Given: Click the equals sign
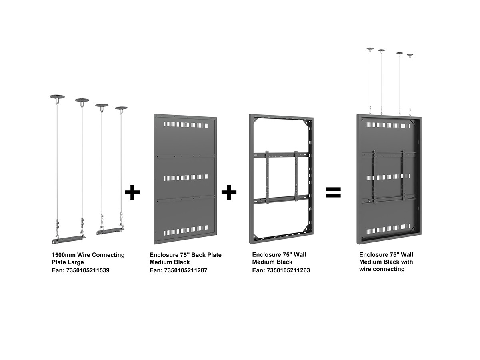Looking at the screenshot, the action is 333,192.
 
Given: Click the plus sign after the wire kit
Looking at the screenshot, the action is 132,192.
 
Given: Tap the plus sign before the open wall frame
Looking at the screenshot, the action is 229,192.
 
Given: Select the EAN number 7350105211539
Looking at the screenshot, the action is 88,270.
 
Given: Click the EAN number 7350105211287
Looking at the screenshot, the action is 186,270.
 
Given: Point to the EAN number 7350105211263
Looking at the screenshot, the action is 288,270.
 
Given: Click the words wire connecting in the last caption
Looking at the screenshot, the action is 382,269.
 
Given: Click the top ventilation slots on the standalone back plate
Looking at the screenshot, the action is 186,125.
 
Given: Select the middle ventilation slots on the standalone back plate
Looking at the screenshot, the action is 186,178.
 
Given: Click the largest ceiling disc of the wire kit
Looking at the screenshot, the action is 57,97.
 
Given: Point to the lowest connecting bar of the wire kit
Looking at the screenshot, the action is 68,240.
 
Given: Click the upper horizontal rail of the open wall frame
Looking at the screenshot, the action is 281,155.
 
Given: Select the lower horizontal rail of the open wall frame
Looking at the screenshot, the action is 281,199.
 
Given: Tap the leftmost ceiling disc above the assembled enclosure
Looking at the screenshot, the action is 370,48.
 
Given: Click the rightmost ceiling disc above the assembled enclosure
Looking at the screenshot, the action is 410,55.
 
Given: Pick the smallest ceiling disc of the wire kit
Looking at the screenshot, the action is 121,108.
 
